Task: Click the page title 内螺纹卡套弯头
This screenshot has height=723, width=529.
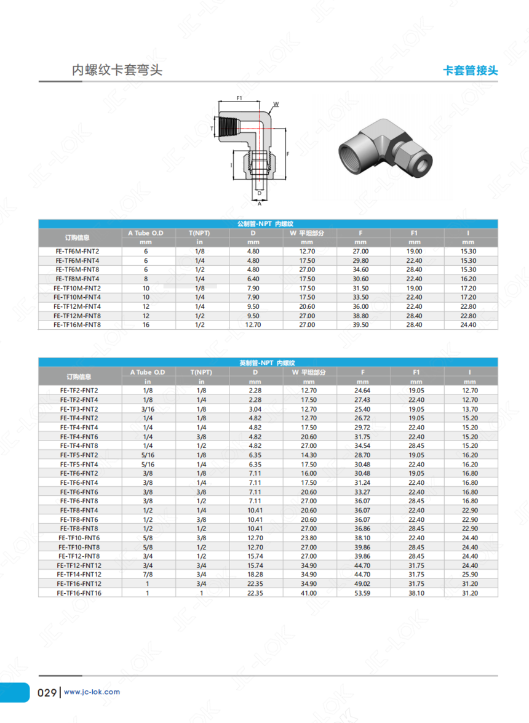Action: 117,70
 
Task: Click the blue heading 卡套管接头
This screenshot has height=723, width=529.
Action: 470,71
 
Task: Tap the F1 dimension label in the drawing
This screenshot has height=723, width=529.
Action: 239,98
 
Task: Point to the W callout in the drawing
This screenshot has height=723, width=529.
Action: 276,104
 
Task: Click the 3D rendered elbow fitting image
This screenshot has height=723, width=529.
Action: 385,148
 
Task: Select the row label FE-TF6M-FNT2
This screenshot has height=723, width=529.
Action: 78,251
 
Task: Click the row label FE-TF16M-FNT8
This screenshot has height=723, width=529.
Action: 77,325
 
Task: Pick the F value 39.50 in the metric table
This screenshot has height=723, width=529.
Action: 360,325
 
